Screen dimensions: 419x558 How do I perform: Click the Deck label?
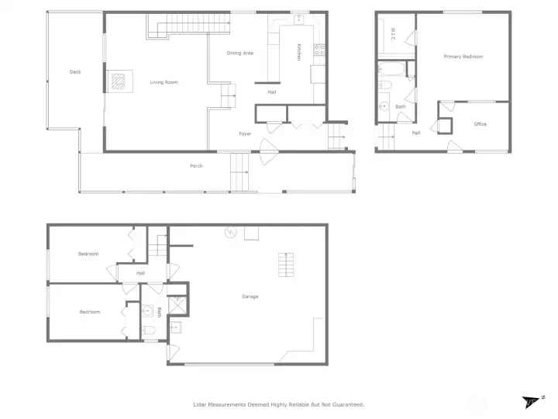[x=75, y=72]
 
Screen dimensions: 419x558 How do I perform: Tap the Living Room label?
[x=164, y=82]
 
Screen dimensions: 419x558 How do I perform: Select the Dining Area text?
[x=239, y=53]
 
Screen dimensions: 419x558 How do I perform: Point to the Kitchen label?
[x=298, y=52]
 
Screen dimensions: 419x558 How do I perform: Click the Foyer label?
[x=245, y=134]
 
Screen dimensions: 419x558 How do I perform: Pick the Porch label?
[x=196, y=166]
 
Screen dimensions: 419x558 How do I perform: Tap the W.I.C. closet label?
[x=393, y=35]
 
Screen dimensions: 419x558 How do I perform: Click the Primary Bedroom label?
[x=463, y=57]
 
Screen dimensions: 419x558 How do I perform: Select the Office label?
[x=480, y=124]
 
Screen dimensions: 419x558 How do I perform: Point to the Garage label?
[x=250, y=296]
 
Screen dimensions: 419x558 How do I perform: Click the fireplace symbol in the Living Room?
[x=118, y=81]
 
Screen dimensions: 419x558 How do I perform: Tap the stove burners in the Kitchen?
[x=319, y=50]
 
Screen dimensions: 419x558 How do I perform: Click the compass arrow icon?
[x=531, y=402]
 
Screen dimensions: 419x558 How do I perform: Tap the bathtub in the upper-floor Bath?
[x=387, y=68]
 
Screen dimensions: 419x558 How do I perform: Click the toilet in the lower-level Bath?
[x=150, y=331]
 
